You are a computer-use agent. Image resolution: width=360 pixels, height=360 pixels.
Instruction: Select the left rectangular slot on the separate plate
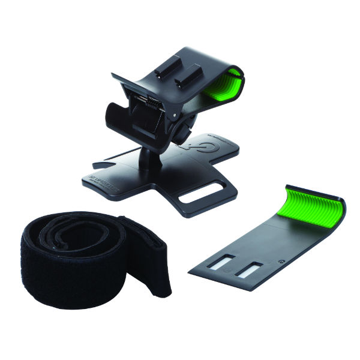coord(220,262)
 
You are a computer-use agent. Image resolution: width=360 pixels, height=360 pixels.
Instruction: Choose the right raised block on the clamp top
coord(192,75)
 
